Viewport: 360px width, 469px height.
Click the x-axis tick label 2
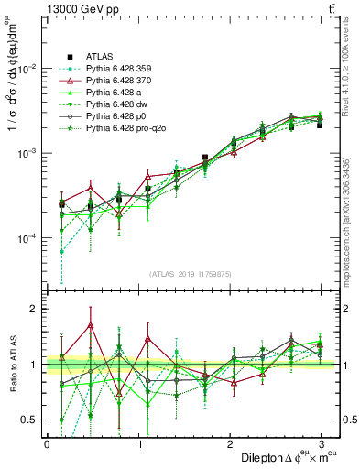pos(230,443)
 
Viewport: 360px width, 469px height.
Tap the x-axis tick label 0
pos(47,443)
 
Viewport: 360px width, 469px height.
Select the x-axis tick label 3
pos(322,443)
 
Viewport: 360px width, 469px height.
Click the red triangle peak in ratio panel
pos(91,324)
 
